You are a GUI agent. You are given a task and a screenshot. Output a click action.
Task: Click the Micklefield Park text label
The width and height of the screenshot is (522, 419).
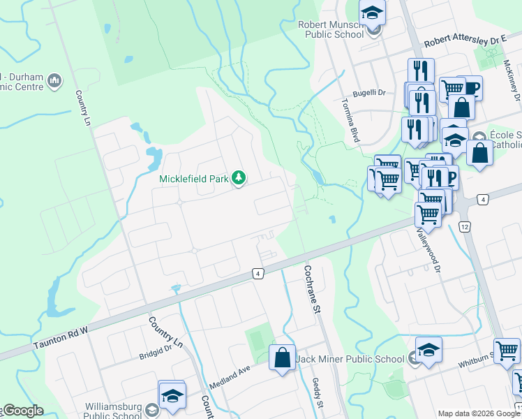pos(194,179)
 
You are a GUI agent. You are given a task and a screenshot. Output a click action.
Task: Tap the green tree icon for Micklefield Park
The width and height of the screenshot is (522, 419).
pos(239,179)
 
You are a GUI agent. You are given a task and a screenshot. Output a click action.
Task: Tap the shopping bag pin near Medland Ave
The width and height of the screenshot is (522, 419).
pos(282,358)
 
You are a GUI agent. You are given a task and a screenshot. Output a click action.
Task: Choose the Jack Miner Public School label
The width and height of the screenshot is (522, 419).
pos(350,360)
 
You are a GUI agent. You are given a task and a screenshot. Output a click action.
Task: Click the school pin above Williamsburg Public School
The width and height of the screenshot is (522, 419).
pos(172,395)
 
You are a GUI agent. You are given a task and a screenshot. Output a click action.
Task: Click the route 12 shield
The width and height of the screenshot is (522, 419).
pos(465,227)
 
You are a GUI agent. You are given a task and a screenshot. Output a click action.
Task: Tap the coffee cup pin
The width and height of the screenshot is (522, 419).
pos(470,87)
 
